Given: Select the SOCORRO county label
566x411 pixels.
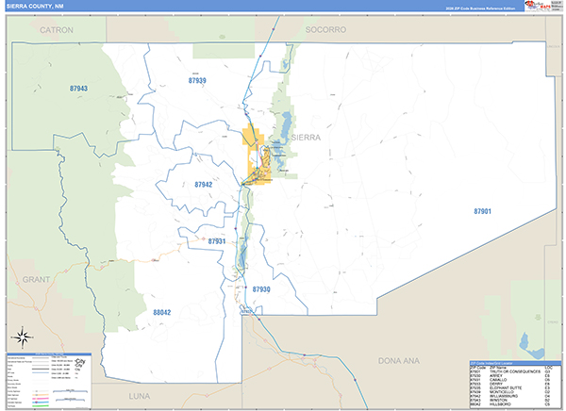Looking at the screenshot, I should [325, 30].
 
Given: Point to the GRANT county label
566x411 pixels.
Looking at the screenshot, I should [36, 280].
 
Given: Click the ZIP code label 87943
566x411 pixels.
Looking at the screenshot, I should [78, 89].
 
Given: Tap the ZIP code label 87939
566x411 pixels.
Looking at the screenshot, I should [196, 82].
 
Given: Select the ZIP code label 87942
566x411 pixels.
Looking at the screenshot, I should [203, 185].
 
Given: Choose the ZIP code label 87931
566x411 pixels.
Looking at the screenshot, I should [216, 242].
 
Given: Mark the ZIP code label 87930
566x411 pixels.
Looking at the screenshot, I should [261, 289].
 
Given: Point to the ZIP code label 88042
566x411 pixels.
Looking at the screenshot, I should [161, 312].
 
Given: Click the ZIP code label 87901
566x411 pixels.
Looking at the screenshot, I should [482, 212].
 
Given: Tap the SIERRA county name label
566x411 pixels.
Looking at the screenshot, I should [306, 138].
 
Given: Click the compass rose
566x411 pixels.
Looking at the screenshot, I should [23, 337].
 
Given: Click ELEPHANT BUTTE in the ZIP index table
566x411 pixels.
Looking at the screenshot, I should [504, 386].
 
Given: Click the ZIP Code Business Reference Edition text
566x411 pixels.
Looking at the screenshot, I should [481, 8].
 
